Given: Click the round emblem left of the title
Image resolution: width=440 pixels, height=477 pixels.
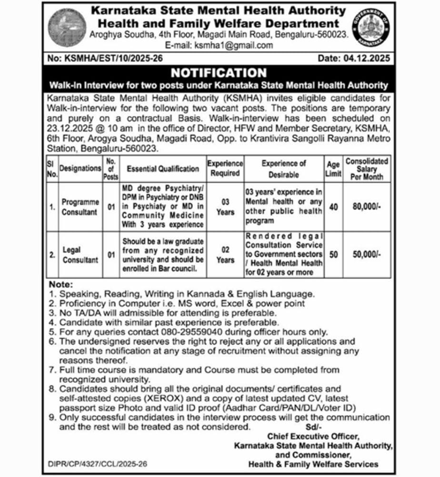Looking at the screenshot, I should point(67,27).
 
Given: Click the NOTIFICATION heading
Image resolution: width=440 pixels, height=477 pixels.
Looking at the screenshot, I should point(219,73).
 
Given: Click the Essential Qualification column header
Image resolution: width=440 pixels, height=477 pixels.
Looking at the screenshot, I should point(163,168).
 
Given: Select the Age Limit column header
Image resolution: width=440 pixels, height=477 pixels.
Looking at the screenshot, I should point(333,168).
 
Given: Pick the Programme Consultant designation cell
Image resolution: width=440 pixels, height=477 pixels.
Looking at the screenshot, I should point(80,207).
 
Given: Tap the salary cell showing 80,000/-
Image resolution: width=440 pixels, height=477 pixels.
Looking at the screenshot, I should point(367,207).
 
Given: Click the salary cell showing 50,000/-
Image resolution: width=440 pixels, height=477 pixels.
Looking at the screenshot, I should point(367,255).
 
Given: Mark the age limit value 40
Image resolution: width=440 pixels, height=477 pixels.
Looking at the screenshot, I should point(333,207).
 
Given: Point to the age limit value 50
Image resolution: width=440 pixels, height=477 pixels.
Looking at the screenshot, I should point(333,255).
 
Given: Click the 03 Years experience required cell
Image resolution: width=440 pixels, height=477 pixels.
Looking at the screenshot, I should point(225,207).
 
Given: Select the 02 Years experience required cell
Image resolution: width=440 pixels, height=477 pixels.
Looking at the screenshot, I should point(225,255).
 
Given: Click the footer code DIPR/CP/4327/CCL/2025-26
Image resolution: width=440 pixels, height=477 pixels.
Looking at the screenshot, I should point(98,463).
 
